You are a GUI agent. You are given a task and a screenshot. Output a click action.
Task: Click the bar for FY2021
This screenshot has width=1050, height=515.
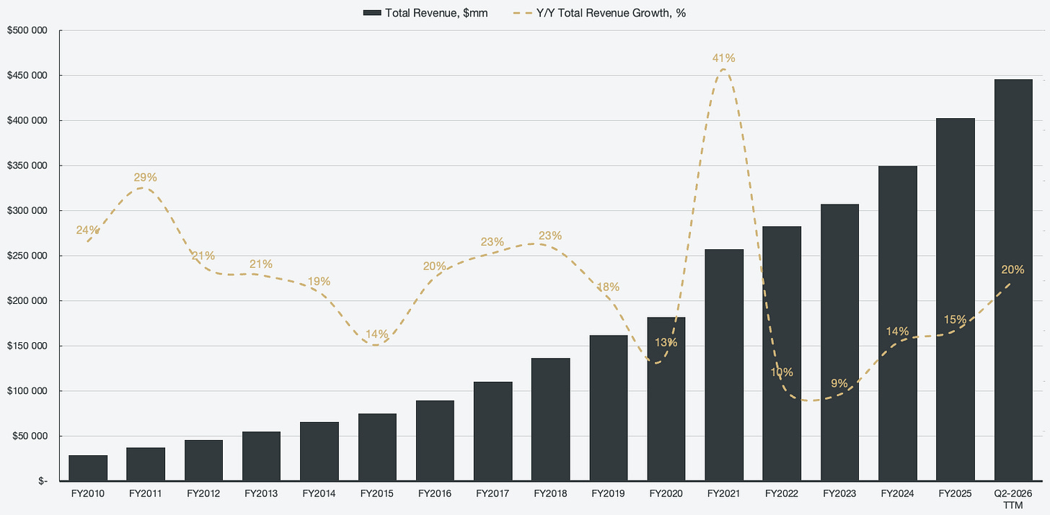[724, 364]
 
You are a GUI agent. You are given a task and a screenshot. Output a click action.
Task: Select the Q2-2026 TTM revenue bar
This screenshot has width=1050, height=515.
[1013, 280]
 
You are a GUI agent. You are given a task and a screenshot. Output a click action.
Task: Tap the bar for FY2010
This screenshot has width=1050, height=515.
[88, 467]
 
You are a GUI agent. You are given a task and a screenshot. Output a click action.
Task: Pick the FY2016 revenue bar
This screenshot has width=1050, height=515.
[435, 441]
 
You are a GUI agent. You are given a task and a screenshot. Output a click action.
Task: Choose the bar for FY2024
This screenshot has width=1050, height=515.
[898, 323]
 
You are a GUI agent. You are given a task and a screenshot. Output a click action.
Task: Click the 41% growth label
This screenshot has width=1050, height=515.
[724, 58]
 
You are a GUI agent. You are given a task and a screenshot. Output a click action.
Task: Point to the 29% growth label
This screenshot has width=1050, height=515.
[146, 177]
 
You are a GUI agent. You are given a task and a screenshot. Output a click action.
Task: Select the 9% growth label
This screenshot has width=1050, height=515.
[839, 383]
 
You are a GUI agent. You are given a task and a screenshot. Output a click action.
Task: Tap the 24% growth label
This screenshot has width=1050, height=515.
[88, 230]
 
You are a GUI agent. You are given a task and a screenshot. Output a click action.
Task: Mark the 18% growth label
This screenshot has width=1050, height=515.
[608, 287]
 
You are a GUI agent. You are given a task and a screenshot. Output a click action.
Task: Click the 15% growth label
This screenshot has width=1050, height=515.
[955, 320]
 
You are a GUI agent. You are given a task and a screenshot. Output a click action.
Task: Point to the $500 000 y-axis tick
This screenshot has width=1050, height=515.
[27, 30]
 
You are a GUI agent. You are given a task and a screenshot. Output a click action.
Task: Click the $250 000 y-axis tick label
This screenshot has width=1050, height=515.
[27, 256]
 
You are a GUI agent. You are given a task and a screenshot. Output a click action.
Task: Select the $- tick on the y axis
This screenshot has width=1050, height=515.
[43, 481]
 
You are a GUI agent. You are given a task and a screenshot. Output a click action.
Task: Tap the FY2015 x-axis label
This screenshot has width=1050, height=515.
[377, 493]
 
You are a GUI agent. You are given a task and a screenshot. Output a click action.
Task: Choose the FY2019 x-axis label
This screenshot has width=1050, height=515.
[608, 493]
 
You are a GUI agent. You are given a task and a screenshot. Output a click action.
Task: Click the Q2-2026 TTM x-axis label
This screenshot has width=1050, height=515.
[1013, 499]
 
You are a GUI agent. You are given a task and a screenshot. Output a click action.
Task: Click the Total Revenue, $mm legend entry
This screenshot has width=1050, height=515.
[425, 13]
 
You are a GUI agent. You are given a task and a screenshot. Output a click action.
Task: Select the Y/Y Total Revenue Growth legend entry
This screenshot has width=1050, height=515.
[599, 13]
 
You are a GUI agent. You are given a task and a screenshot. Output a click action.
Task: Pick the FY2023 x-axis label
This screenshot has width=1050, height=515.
[839, 493]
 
